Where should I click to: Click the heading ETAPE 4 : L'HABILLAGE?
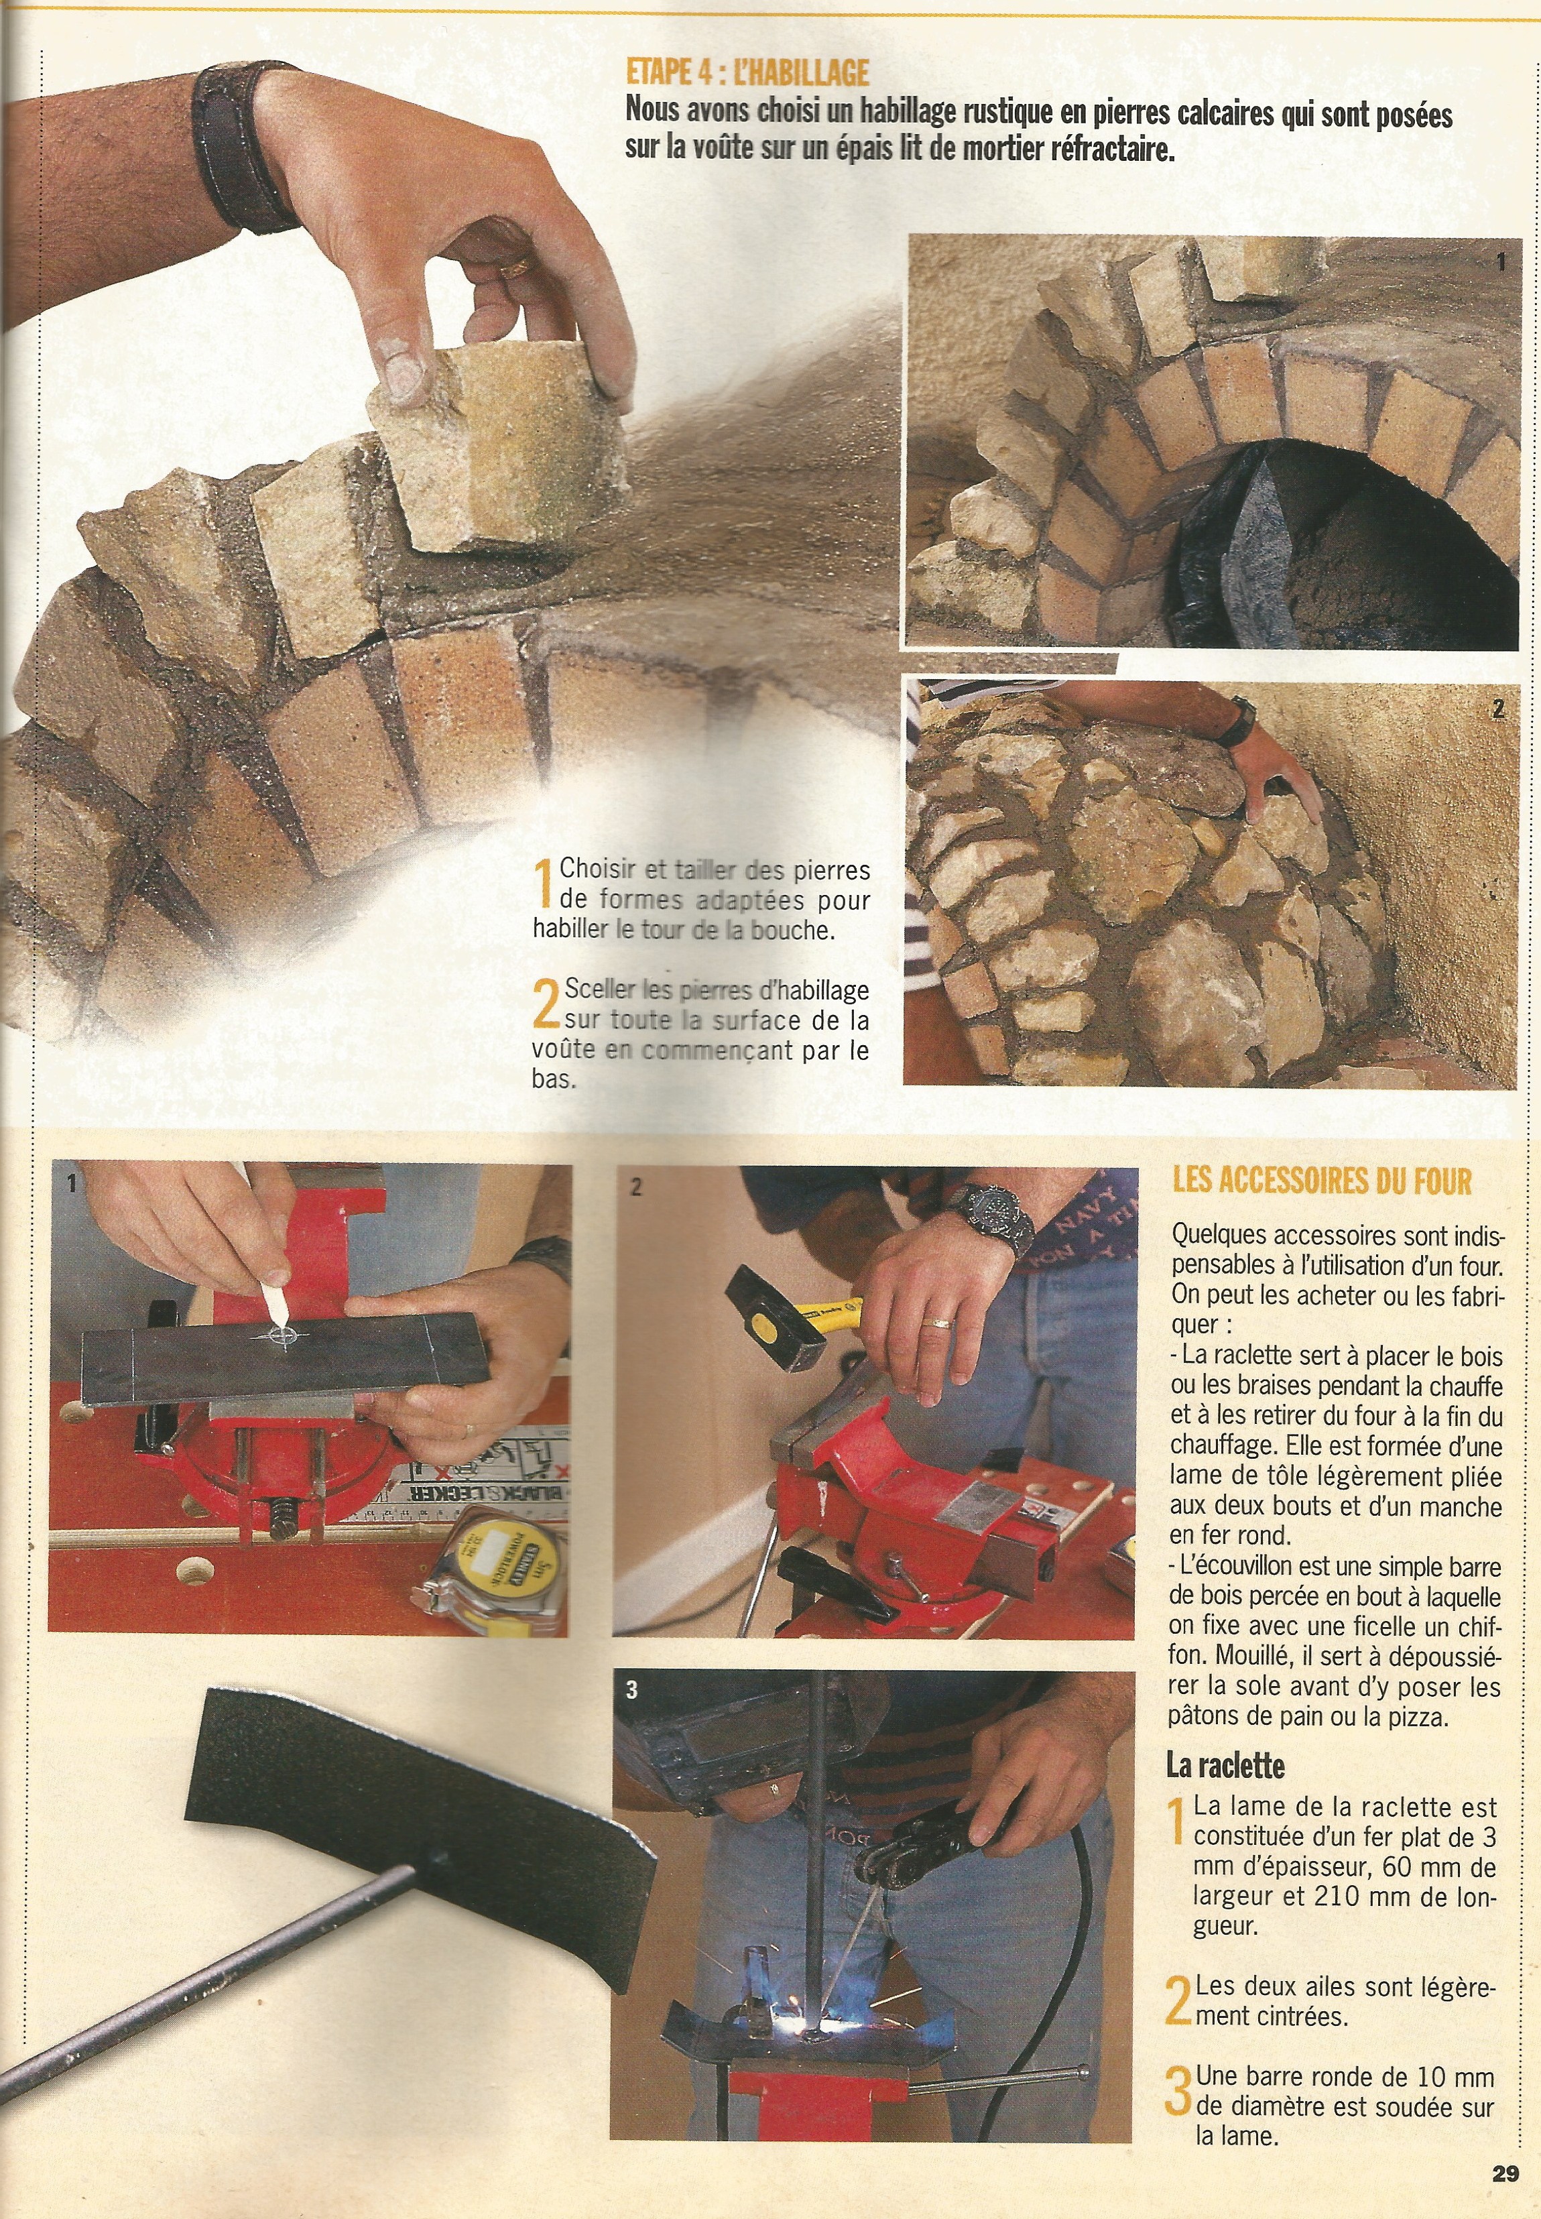pos(747,72)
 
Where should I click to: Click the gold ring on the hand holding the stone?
pos(515,265)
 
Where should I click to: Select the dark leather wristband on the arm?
pos(246,147)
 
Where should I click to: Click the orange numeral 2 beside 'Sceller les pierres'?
pos(546,1004)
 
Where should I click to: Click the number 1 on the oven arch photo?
pos(1500,261)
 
